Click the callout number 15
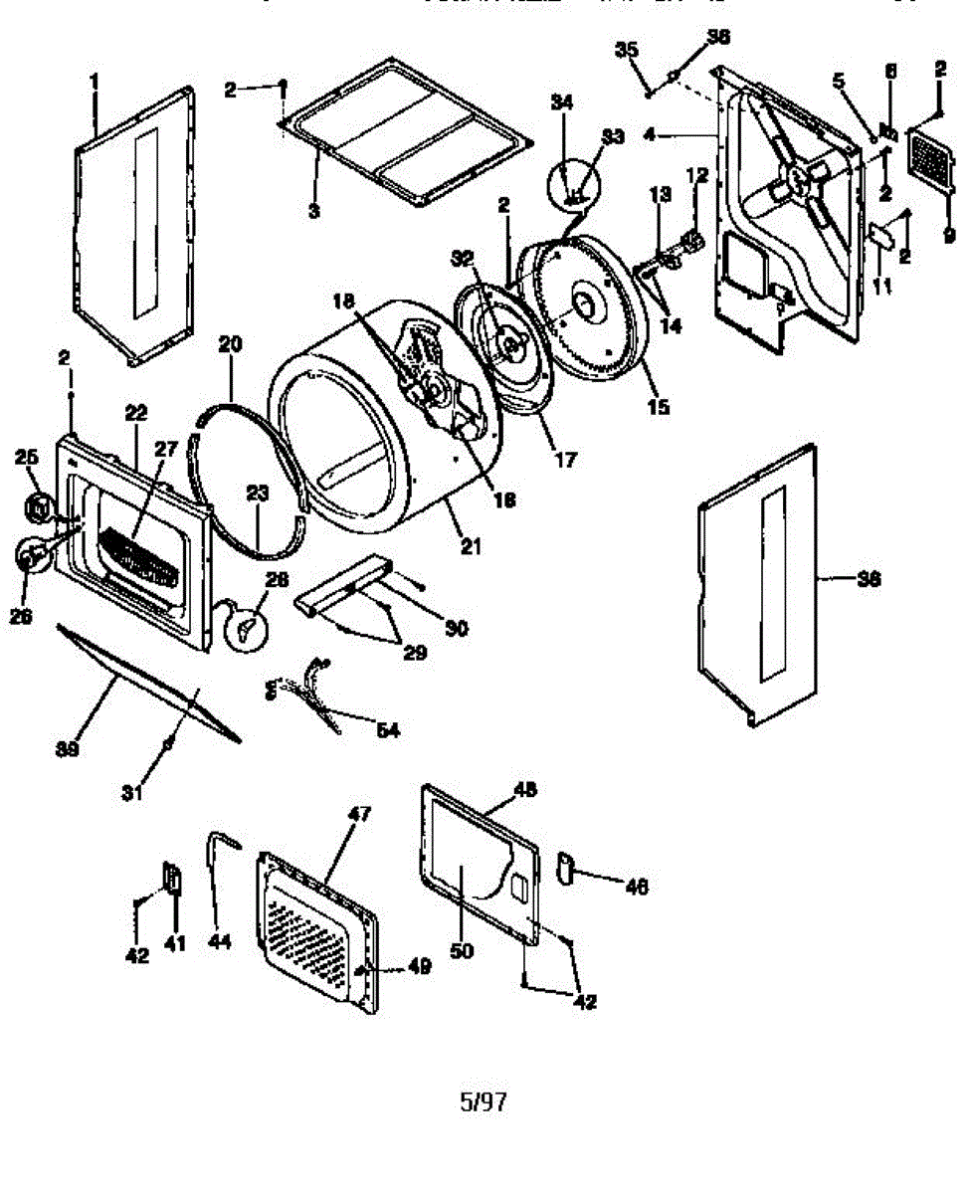(x=659, y=406)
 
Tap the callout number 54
(x=387, y=731)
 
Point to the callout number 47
(x=357, y=814)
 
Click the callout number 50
(x=462, y=951)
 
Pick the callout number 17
(x=566, y=461)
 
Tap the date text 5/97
(x=484, y=1101)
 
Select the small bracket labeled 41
(x=172, y=880)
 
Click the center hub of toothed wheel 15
(x=582, y=303)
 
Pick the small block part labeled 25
(x=38, y=507)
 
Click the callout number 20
(x=230, y=344)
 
